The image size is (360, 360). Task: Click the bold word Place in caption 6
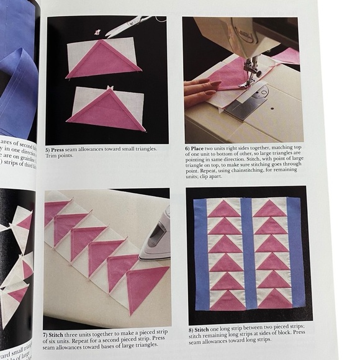[197, 150]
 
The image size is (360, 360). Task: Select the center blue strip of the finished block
[246, 254]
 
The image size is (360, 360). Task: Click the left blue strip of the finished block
[200, 254]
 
